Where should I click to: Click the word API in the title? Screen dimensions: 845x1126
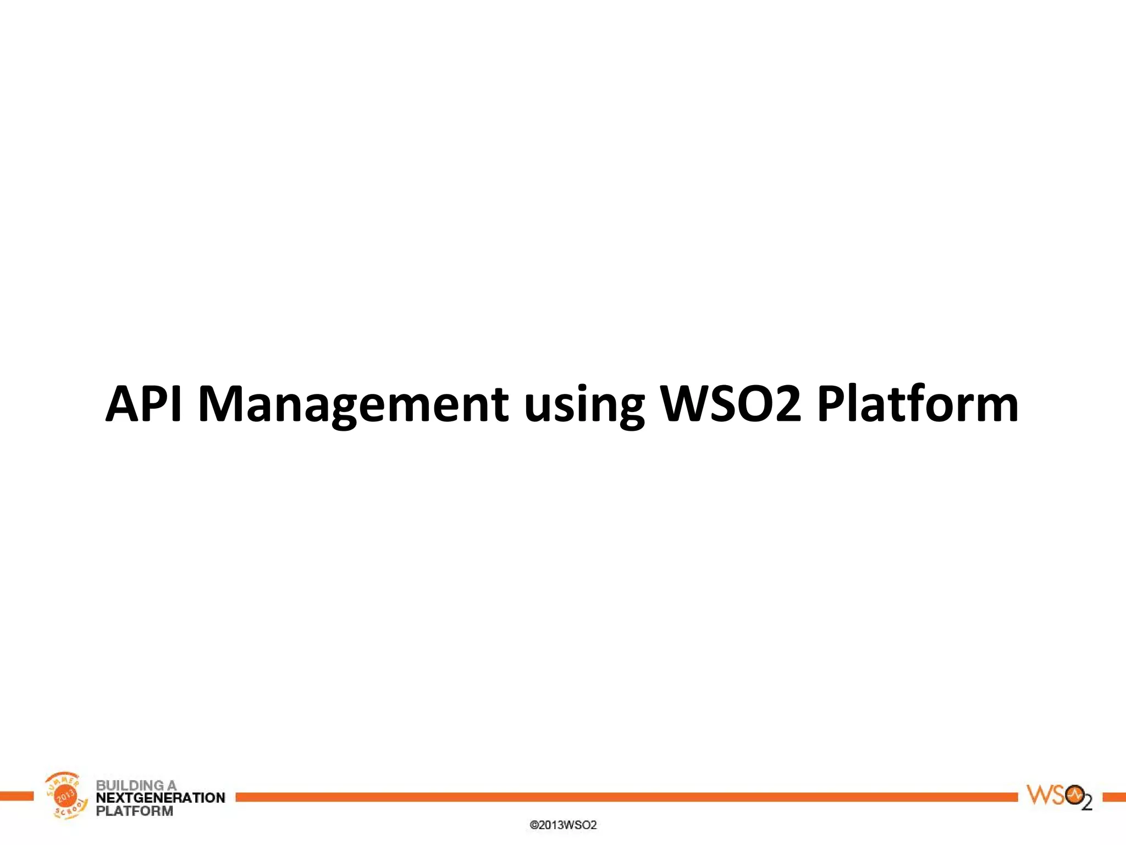coord(143,404)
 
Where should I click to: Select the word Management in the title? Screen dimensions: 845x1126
coord(352,404)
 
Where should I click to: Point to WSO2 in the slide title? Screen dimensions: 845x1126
coord(731,404)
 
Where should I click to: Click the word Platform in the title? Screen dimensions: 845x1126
coord(917,404)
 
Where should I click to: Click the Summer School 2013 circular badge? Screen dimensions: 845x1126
coord(66,795)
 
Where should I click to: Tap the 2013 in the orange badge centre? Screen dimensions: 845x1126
coord(66,795)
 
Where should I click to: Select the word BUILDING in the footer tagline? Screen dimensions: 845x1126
coord(129,785)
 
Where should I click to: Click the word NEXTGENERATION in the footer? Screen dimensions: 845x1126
coord(161,798)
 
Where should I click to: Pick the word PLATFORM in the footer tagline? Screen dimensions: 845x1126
coord(134,811)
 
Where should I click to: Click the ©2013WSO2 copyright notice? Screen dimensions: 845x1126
coord(563,825)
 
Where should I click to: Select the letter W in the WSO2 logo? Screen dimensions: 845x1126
coord(1039,795)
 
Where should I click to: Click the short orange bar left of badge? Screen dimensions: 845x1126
coord(16,796)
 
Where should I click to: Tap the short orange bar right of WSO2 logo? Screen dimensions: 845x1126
coord(1114,797)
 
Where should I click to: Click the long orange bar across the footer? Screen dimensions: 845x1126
coord(627,797)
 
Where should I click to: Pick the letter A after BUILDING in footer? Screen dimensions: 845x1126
coord(172,785)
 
